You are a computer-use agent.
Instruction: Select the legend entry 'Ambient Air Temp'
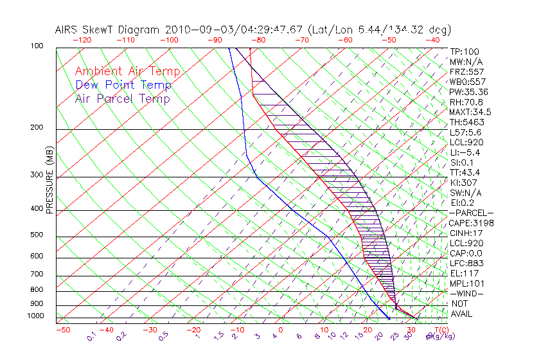(x=127, y=71)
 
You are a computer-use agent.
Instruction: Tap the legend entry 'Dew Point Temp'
(x=123, y=85)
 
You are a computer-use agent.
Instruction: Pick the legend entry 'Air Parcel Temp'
(x=122, y=98)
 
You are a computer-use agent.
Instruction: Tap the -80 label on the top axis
(x=258, y=40)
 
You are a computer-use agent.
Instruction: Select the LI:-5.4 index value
(x=465, y=152)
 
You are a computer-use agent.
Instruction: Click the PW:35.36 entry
(x=468, y=92)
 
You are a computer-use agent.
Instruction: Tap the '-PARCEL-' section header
(x=472, y=213)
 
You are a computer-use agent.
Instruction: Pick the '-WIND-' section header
(x=466, y=293)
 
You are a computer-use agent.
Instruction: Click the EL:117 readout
(x=464, y=273)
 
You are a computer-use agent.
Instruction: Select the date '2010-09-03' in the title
(x=194, y=30)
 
